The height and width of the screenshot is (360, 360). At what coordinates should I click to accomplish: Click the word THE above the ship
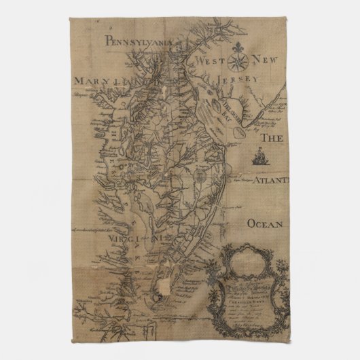pyautogui.click(x=270, y=137)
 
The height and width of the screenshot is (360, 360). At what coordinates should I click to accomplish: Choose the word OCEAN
pyautogui.click(x=267, y=222)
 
